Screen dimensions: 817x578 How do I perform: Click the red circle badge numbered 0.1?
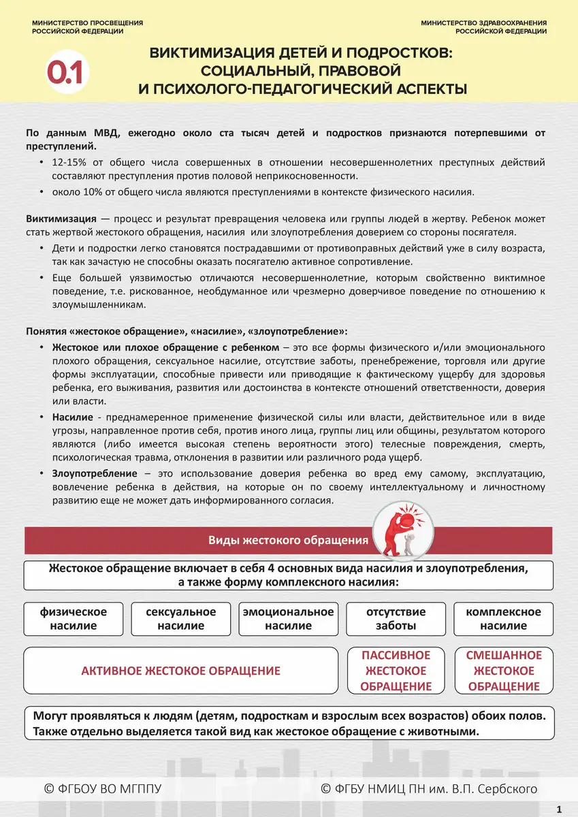[64, 73]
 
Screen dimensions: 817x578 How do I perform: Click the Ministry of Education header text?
[87, 27]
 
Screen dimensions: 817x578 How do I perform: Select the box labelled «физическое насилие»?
[74, 618]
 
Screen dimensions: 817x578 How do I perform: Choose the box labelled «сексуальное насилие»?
[181, 618]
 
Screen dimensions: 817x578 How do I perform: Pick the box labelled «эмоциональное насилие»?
[289, 618]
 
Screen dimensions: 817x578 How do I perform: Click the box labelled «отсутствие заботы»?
[396, 618]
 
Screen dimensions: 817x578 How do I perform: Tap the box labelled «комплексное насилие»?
[504, 618]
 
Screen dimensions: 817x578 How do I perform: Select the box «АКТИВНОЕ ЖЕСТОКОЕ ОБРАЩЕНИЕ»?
[181, 671]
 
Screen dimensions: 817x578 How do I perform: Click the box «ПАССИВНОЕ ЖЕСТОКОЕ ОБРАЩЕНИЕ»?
[396, 671]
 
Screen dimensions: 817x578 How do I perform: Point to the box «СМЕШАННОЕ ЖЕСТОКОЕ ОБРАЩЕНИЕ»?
[504, 671]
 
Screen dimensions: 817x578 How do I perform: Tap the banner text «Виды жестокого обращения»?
[288, 541]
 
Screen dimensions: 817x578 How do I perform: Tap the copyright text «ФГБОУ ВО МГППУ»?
[103, 788]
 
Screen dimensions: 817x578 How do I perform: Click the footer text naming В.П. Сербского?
[429, 788]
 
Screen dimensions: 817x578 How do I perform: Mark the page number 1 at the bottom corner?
[559, 809]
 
